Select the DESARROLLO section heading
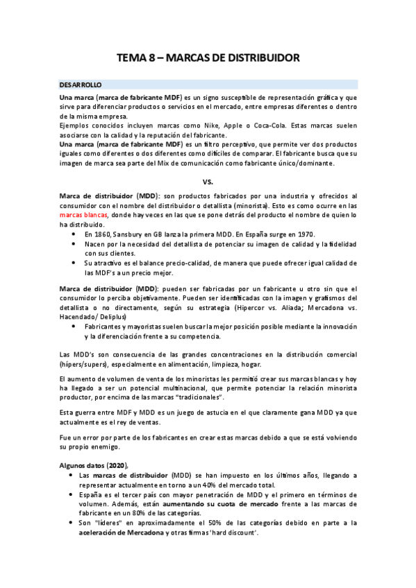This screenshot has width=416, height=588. (81, 84)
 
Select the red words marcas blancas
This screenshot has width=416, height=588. (82, 215)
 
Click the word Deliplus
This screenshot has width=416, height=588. (111, 316)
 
